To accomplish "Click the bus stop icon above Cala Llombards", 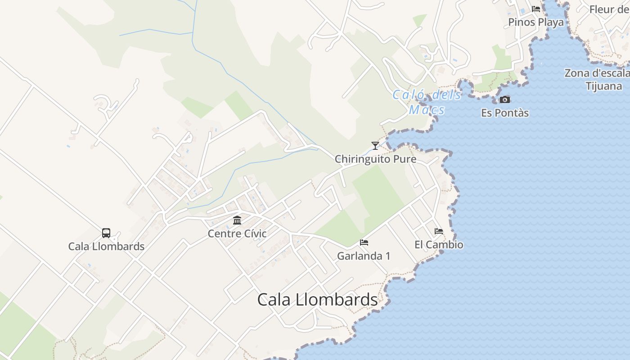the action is tap(106, 233).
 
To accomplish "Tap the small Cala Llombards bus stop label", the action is tap(106, 247).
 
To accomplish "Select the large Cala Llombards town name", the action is tap(317, 300).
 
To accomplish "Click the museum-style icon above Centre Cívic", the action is tap(237, 220).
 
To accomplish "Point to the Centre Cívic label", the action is tap(237, 234).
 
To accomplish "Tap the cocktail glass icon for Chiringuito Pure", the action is tap(375, 145).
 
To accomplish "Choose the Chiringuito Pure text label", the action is tap(375, 159).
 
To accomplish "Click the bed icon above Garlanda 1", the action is tap(364, 243).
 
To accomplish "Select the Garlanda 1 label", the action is tap(364, 256).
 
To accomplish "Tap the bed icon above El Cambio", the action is tap(439, 231).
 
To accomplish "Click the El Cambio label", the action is tap(439, 245).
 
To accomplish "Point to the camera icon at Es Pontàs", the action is tap(505, 99).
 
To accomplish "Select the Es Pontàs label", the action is tap(505, 113).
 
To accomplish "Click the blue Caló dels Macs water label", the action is tap(427, 102).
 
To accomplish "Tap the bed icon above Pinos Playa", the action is tap(536, 9).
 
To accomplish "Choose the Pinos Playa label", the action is tap(536, 22).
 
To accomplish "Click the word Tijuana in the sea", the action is tap(604, 86).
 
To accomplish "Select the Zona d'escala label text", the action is tap(597, 73).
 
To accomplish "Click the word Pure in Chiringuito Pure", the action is tap(405, 159).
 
